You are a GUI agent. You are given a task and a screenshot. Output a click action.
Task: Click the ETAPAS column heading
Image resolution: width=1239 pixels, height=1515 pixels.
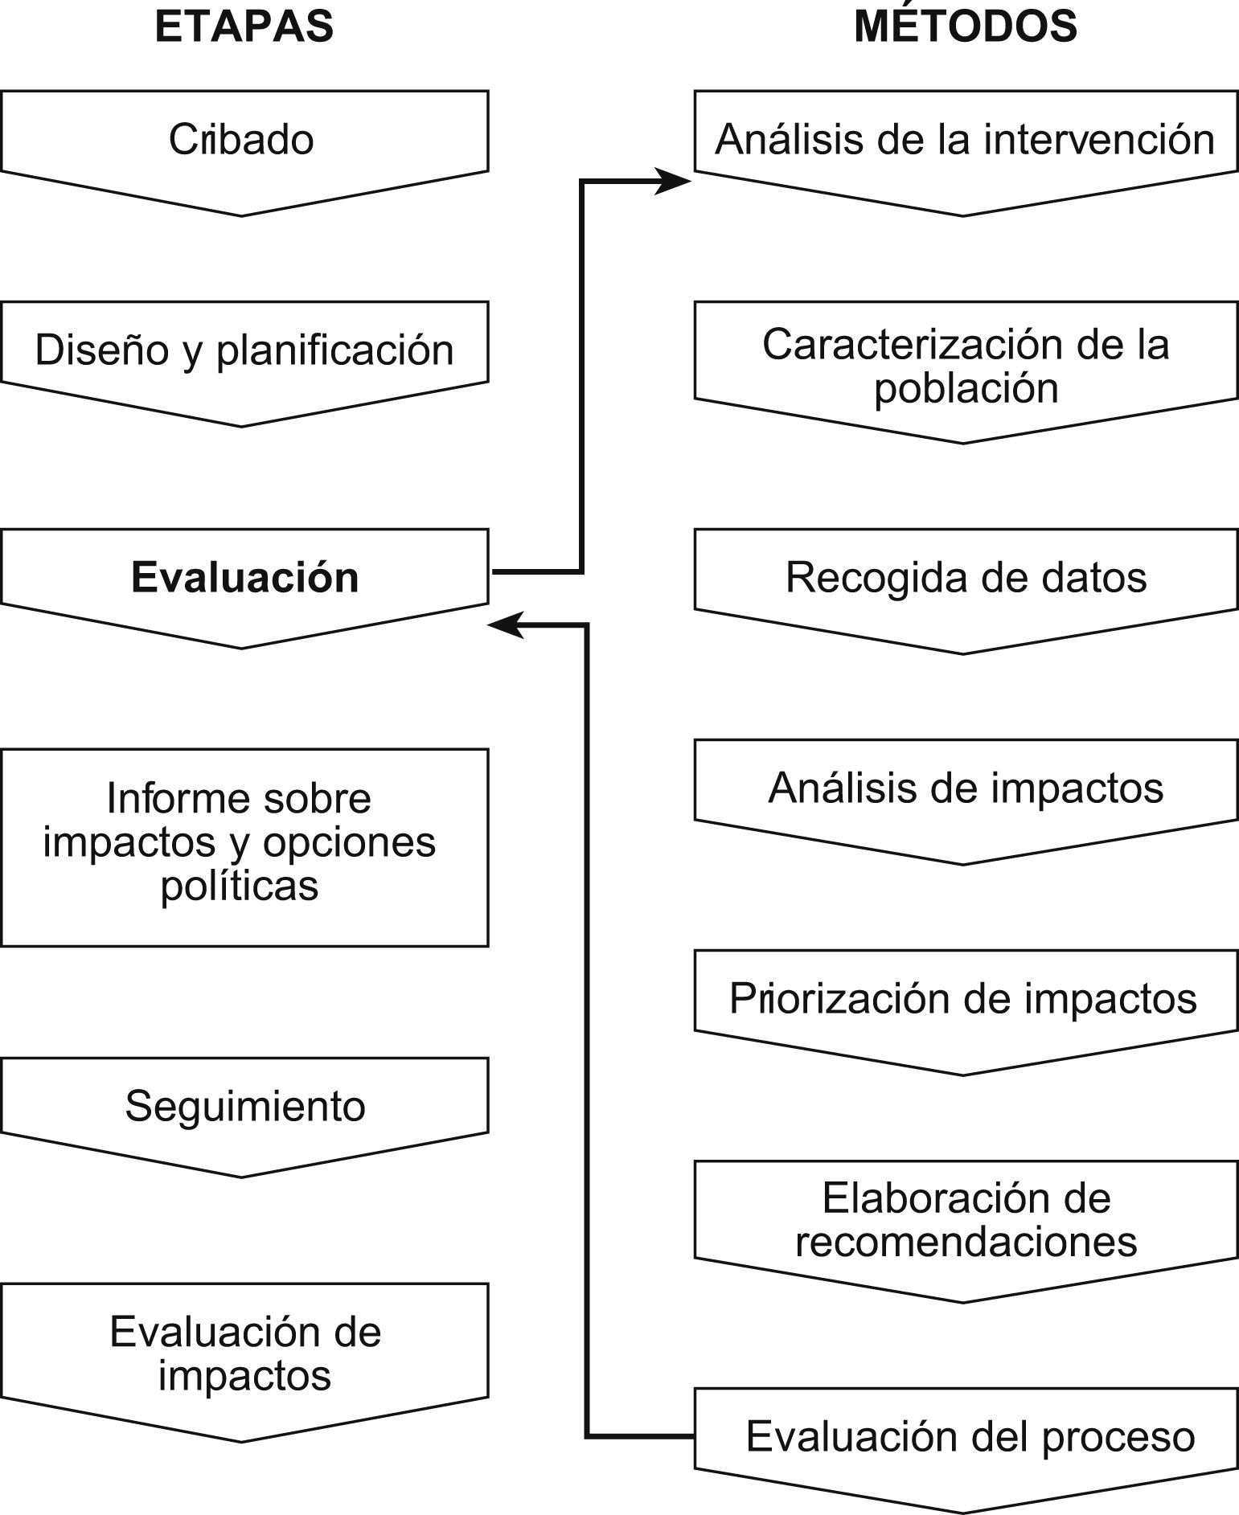pyautogui.click(x=244, y=27)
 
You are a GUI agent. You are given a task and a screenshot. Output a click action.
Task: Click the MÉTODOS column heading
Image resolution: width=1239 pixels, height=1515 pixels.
pyautogui.click(x=965, y=27)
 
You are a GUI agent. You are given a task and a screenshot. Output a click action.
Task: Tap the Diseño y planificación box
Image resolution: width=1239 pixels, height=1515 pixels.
pyautogui.click(x=244, y=350)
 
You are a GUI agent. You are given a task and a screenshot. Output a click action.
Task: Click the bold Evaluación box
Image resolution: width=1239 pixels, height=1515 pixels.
pyautogui.click(x=244, y=578)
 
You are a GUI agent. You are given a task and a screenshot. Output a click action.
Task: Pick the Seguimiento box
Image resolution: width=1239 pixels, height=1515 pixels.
pyautogui.click(x=244, y=1106)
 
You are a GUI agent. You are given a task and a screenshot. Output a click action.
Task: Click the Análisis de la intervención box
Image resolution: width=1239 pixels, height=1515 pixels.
pyautogui.click(x=965, y=140)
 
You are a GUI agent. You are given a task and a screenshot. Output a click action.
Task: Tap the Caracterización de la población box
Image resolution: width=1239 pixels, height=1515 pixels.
pyautogui.click(x=965, y=366)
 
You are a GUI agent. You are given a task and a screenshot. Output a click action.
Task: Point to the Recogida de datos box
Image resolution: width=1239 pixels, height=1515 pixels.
pyautogui.click(x=965, y=578)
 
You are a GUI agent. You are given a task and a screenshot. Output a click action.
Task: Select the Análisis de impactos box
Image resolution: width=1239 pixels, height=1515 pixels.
pyautogui.click(x=965, y=788)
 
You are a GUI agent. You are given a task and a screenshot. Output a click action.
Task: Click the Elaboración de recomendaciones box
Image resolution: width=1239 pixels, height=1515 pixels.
pyautogui.click(x=965, y=1220)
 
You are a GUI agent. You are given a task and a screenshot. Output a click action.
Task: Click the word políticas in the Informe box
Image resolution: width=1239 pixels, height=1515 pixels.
pyautogui.click(x=240, y=886)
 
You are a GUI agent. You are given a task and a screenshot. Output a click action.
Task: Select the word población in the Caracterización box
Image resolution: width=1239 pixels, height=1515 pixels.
pyautogui.click(x=966, y=388)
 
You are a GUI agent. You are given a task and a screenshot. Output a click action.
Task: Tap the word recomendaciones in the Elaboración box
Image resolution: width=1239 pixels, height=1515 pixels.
pyautogui.click(x=966, y=1242)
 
